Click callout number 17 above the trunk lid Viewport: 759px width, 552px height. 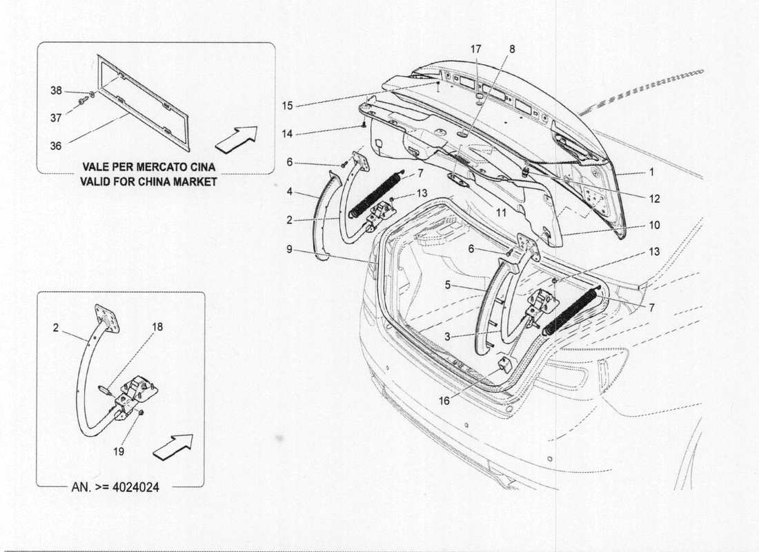pos(476,50)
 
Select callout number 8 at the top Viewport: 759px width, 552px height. pos(511,50)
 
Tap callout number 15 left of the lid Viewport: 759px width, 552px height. pos(288,106)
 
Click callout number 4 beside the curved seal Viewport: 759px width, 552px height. pos(290,191)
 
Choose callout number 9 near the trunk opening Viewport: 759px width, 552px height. pos(290,250)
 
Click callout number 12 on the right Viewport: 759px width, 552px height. pos(654,199)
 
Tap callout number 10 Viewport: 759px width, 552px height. pos(654,225)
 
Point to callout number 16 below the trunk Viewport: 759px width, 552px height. pos(444,400)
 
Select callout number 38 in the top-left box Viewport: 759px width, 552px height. pos(55,90)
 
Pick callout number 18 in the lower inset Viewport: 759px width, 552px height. pos(157,327)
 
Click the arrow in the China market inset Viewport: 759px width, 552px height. pos(236,139)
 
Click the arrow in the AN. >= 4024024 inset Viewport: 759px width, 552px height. pos(172,446)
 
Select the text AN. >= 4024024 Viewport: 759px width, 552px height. pos(115,486)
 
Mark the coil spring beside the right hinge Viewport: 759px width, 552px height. pos(571,311)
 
